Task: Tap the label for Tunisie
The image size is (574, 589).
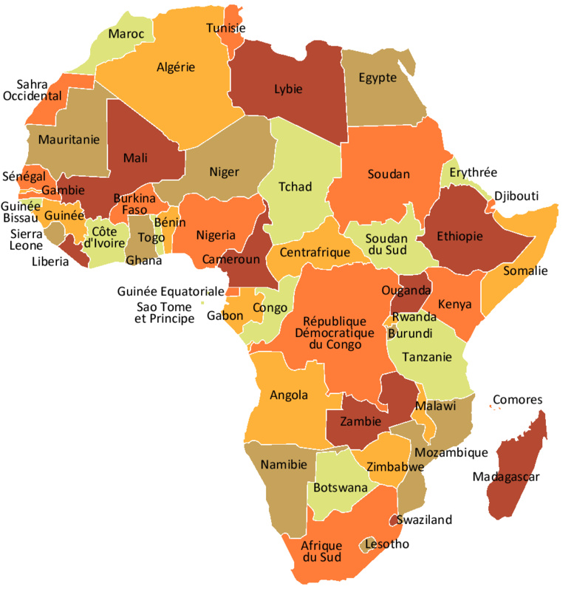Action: pos(225,28)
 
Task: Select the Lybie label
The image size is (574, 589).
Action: pos(288,89)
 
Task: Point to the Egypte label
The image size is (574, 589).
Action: pos(377,78)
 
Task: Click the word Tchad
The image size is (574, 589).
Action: pos(295,186)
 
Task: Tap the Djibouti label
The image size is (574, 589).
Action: pos(516,196)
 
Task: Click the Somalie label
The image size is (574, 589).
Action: pos(525,270)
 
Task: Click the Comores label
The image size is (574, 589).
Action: pos(517,400)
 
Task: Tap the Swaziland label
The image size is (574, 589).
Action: pos(424,520)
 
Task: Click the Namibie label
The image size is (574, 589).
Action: pos(285,464)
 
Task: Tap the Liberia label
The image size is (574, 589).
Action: pos(50,261)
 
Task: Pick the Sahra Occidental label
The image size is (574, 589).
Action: pos(32,90)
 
